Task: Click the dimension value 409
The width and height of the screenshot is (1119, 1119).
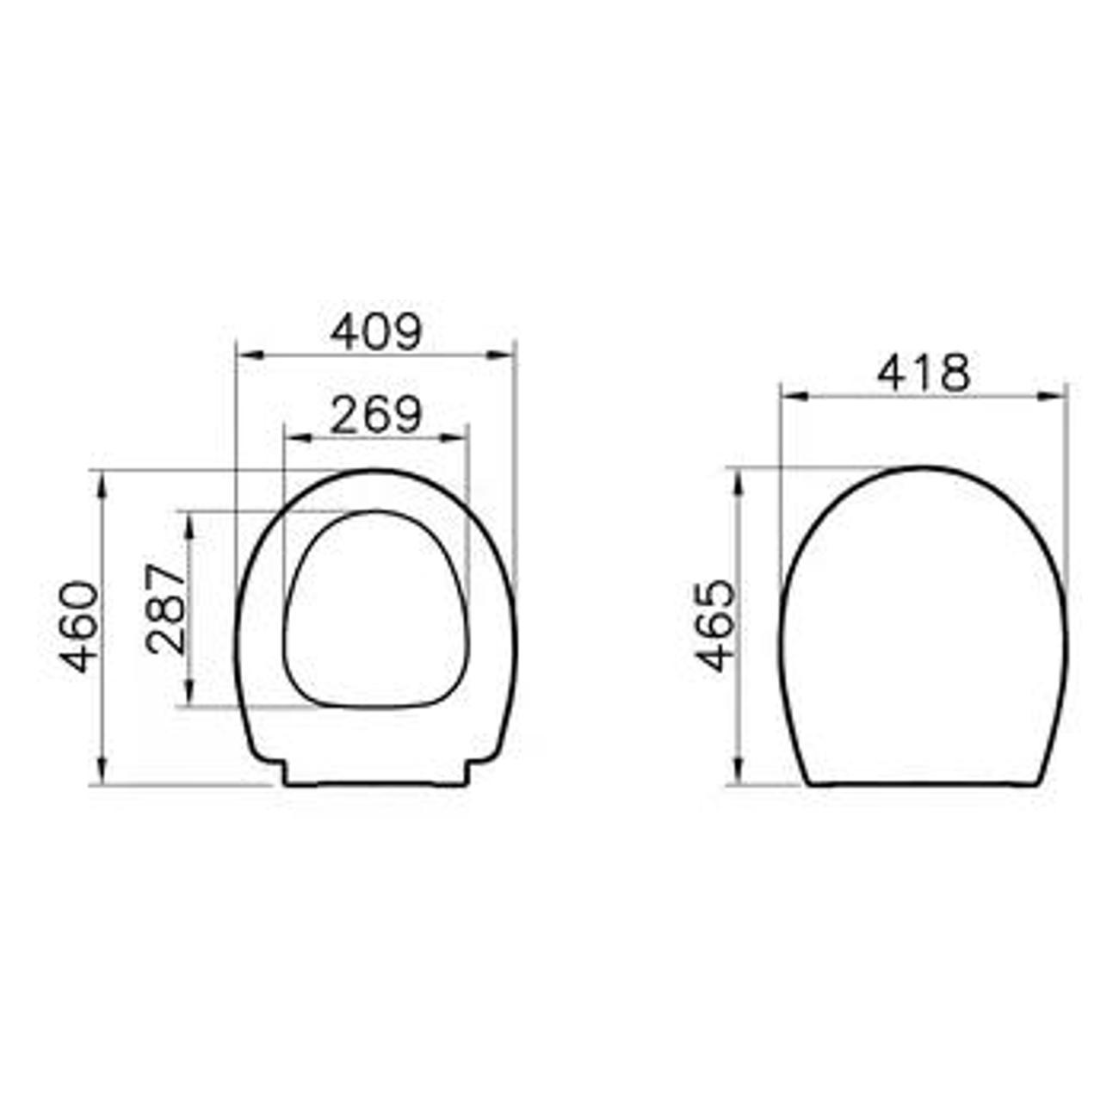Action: click(x=376, y=333)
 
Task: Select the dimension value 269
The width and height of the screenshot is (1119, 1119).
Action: click(x=376, y=415)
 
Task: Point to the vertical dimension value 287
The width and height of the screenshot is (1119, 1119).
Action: click(x=166, y=609)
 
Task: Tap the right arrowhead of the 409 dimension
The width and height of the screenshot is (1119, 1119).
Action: click(x=500, y=355)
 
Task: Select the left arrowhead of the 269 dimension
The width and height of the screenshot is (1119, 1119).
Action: click(x=300, y=438)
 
